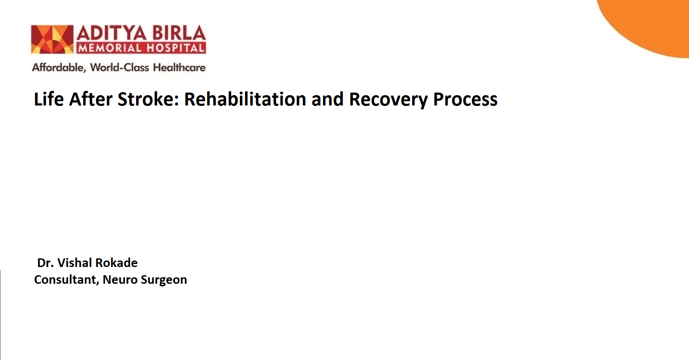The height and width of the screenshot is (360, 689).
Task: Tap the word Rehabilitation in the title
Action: pos(245,99)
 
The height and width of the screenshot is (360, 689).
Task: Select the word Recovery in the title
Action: pos(388,100)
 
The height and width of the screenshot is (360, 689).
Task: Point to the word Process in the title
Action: pos(465,99)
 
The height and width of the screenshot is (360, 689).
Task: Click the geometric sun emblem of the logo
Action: pos(52,39)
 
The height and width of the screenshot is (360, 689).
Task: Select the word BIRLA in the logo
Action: pos(179,33)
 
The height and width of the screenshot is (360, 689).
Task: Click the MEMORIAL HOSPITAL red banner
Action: pos(141,48)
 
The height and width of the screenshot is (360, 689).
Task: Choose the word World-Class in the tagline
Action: pos(120,67)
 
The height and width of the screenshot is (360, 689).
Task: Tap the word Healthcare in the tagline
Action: pos(179,67)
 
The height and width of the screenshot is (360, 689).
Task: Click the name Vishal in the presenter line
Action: pos(75,263)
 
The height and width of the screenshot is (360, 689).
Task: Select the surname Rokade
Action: pos(117,263)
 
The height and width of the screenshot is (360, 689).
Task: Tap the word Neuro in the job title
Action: pos(120,280)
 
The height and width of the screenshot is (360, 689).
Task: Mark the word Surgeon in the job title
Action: pos(164,280)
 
